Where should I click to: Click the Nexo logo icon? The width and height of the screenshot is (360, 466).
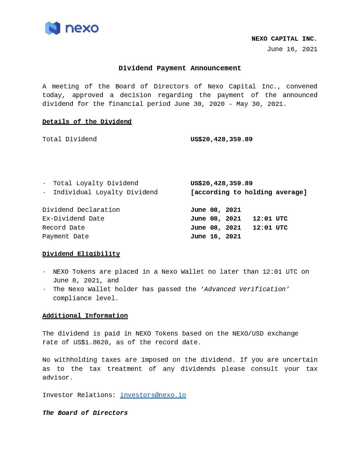click(53, 28)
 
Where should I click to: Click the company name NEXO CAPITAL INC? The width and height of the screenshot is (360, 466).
click(284, 39)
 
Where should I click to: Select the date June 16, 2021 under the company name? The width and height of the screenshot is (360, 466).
click(292, 49)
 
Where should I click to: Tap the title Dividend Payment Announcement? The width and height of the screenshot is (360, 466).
click(180, 68)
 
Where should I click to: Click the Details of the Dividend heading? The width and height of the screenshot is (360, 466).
click(87, 122)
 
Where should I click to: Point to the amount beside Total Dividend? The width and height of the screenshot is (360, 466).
click(221, 139)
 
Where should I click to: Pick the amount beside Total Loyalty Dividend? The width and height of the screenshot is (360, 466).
click(221, 183)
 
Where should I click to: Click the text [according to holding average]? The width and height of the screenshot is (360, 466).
click(248, 192)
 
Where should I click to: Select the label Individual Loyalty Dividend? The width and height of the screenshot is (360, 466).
click(105, 192)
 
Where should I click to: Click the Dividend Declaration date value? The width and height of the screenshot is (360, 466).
click(216, 210)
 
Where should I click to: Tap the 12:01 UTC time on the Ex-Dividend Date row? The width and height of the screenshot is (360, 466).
click(270, 219)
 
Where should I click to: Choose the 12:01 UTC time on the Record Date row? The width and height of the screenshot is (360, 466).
click(270, 228)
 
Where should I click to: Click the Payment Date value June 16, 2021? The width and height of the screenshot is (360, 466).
click(216, 236)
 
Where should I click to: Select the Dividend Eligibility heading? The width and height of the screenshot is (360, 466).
click(81, 254)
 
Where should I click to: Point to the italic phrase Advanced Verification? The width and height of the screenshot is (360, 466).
click(245, 289)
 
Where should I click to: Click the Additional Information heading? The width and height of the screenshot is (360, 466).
click(85, 316)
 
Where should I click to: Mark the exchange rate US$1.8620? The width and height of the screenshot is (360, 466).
click(91, 342)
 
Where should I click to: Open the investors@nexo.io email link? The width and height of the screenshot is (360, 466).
click(153, 395)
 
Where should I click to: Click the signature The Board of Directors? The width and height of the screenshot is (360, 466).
click(85, 413)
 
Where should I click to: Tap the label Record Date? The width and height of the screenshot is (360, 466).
click(64, 228)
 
